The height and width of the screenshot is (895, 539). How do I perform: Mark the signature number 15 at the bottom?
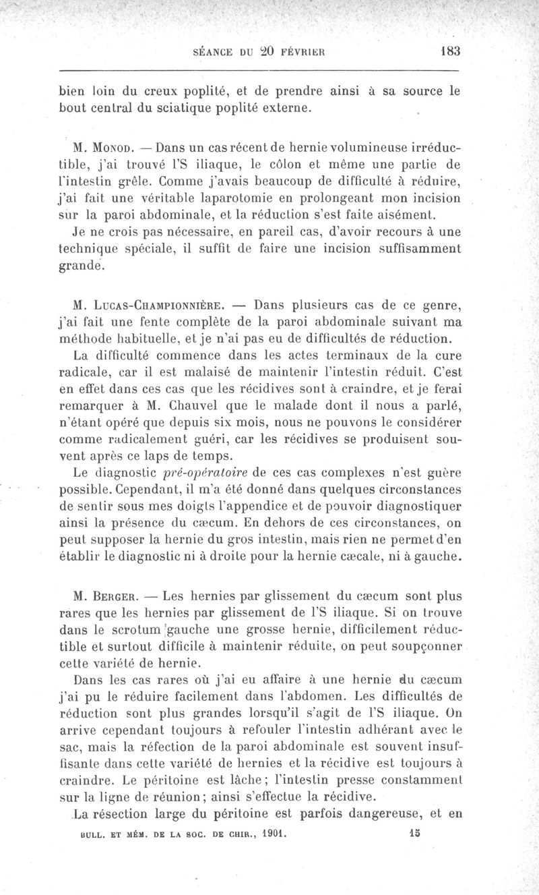pyautogui.click(x=414, y=833)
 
